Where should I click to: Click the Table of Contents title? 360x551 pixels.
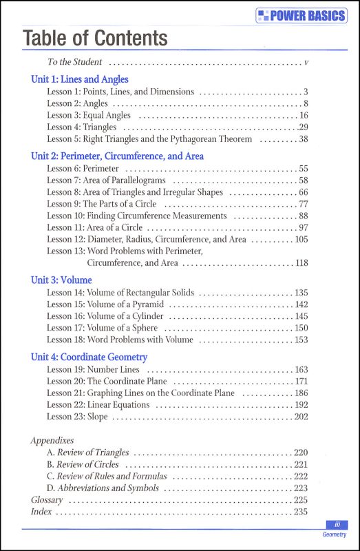[x=95, y=39]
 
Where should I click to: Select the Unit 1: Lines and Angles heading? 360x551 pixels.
[x=79, y=79]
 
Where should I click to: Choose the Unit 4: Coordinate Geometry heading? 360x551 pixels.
[x=89, y=357]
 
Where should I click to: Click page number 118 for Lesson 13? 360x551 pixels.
[x=301, y=263]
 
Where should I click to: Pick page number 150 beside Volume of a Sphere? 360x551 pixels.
[x=301, y=328]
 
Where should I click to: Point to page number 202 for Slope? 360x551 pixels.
[x=301, y=417]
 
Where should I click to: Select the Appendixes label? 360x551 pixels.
[x=52, y=439]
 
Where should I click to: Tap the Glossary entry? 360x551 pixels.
[x=47, y=499]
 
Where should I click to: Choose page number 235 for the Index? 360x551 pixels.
[x=301, y=512]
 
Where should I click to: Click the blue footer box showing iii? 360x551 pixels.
[x=337, y=524]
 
